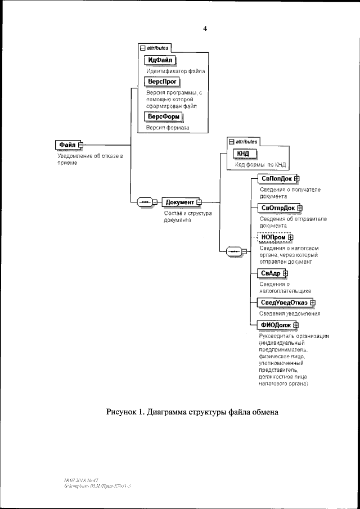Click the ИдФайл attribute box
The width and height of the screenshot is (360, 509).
click(x=160, y=60)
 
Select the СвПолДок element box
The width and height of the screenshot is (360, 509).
click(x=274, y=179)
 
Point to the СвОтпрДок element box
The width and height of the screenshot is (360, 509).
click(x=277, y=208)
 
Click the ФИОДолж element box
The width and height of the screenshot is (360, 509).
click(x=274, y=325)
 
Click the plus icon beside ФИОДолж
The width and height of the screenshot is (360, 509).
click(x=296, y=325)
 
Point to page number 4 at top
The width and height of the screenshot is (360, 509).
click(x=205, y=28)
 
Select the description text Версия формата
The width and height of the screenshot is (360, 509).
click(x=168, y=128)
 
